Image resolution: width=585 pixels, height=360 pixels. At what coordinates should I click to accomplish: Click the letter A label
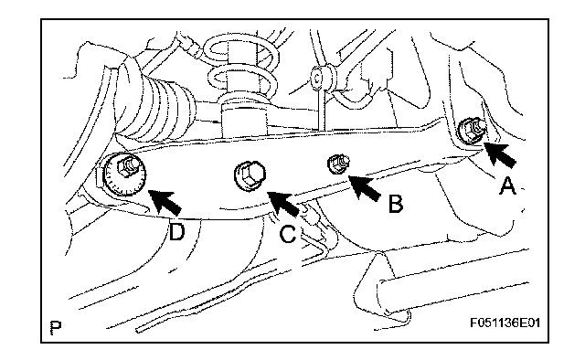507,185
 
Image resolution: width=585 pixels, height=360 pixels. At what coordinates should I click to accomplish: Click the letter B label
395,204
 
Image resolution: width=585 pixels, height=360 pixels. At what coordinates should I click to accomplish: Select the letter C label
288,234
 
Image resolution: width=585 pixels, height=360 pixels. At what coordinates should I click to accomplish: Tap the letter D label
176,231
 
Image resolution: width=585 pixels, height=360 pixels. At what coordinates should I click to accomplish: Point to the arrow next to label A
500,154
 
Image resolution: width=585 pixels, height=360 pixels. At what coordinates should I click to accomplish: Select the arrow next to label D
165,201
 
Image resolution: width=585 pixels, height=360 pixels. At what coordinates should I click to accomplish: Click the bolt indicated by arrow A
471,130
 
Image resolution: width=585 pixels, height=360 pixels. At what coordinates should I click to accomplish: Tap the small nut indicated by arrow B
338,164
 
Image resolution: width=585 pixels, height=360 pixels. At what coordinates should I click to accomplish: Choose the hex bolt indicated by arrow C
250,175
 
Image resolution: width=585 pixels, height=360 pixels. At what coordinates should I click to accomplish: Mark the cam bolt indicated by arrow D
125,173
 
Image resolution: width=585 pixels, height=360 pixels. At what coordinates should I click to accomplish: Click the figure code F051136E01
505,322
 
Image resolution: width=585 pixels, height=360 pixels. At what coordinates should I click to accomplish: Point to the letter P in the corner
55,326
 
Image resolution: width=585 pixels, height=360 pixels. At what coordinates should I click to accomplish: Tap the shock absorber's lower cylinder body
244,120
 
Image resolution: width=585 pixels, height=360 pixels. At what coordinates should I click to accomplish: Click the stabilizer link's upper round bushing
318,78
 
